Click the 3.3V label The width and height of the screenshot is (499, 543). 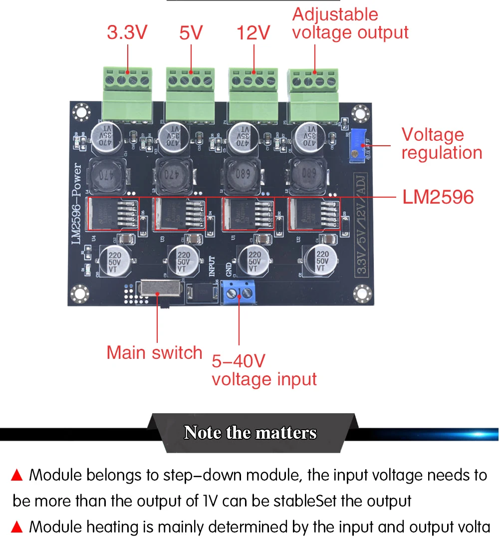[127, 33]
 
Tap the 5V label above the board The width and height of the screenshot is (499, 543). [191, 33]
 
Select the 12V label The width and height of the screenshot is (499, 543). [253, 33]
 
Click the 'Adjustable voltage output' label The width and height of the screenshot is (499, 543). [350, 23]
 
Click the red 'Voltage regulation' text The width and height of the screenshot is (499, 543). [442, 144]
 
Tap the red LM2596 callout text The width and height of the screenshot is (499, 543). [438, 197]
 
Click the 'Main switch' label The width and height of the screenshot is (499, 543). [154, 353]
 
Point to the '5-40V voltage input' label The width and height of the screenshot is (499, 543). [264, 370]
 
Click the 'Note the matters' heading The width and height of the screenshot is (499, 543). [250, 432]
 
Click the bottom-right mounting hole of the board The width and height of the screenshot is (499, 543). [361, 293]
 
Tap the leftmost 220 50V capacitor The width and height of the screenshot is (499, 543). [114, 260]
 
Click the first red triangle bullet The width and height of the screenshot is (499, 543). [17, 475]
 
